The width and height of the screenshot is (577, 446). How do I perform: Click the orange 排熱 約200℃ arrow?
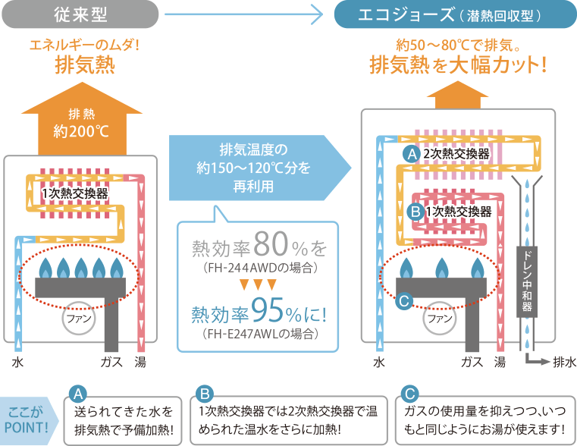tap(81, 124)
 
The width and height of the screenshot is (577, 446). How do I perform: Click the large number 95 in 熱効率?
tap(270, 311)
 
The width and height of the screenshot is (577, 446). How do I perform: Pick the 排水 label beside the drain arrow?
tap(563, 363)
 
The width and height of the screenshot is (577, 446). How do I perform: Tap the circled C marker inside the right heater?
tap(403, 302)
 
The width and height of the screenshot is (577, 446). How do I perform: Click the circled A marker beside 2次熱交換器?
tap(411, 154)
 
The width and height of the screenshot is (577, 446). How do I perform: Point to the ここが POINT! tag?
tap(27, 420)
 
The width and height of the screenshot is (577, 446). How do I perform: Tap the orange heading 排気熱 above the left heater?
tap(84, 65)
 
